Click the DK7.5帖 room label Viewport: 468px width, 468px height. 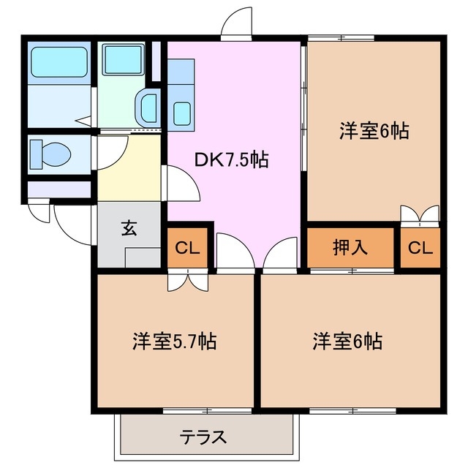coord(231,159)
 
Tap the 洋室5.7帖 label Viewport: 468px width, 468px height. coord(174,341)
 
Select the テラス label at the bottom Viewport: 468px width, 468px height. coord(204,438)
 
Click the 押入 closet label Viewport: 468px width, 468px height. coord(350,247)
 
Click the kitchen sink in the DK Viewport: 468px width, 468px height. coord(181,113)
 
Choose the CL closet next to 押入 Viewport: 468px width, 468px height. coord(420,247)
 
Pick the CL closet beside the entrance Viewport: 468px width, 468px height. coord(188,247)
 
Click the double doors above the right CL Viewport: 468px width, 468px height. coord(420,214)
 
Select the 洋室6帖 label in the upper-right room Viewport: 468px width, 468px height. coord(373,132)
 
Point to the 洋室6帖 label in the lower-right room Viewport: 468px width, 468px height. coord(348,341)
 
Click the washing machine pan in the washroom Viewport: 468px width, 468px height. coord(122,59)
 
